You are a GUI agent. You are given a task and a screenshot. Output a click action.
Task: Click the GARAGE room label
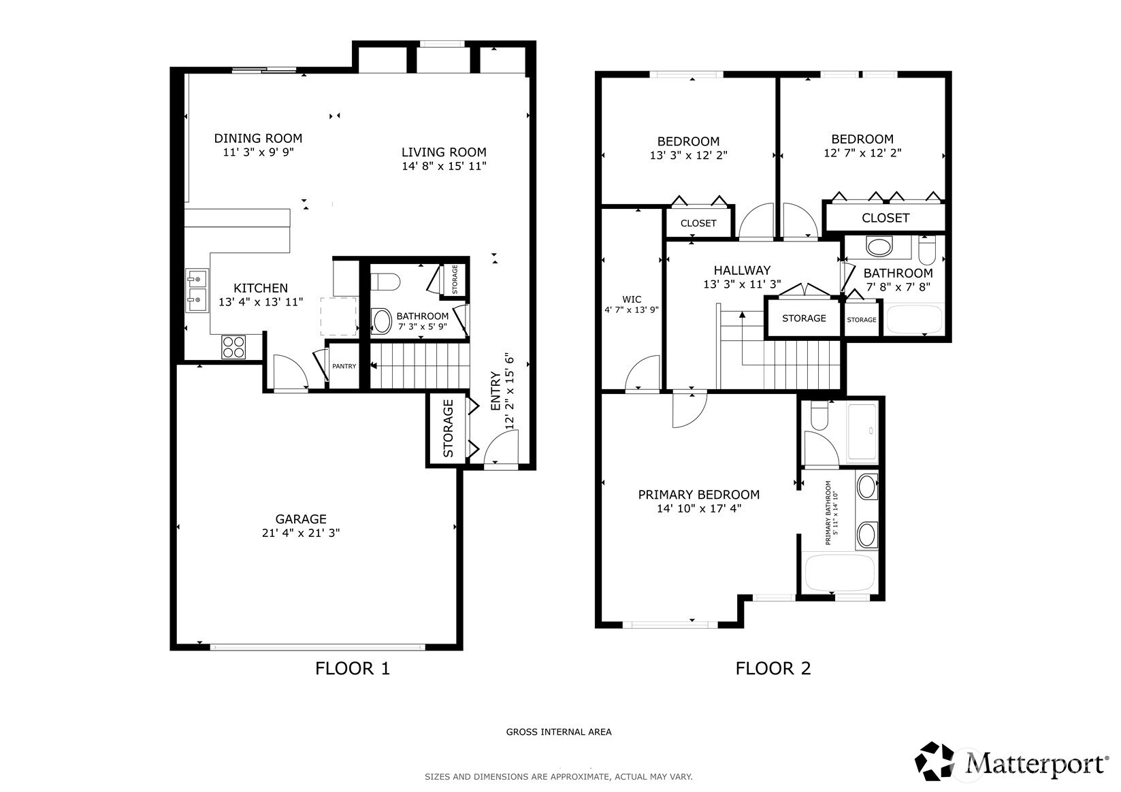coord(301,519)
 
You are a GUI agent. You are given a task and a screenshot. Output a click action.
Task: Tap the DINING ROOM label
coord(258,138)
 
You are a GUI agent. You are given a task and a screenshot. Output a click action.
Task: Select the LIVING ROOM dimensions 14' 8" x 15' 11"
coord(444,166)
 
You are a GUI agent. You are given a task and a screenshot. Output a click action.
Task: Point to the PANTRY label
coord(344,366)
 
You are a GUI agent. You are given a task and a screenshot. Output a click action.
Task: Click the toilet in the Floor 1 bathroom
coord(383,281)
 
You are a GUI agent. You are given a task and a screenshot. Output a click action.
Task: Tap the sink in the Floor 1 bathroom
coord(381,321)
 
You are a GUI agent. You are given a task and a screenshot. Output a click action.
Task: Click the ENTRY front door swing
coord(501,450)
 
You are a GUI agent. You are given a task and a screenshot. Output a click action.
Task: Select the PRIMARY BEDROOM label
coord(698,495)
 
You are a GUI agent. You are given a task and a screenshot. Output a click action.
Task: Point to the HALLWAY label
coord(741,271)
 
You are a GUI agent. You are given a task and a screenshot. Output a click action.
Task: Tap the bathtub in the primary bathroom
coord(839,574)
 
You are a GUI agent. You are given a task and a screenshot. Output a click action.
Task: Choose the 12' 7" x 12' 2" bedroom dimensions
coord(862,153)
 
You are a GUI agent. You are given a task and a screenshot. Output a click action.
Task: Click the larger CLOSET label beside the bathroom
coord(885,218)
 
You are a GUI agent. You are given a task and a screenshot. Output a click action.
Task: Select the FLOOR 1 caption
coord(352,668)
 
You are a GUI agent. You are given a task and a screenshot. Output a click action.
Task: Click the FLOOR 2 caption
coord(773,668)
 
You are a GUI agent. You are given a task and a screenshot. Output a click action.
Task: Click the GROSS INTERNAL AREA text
coord(558,732)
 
